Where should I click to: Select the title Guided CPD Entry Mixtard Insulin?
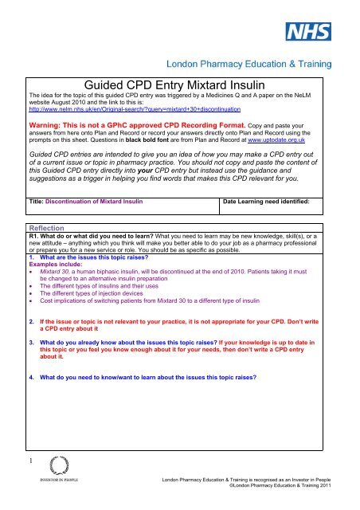tap(179, 80)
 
